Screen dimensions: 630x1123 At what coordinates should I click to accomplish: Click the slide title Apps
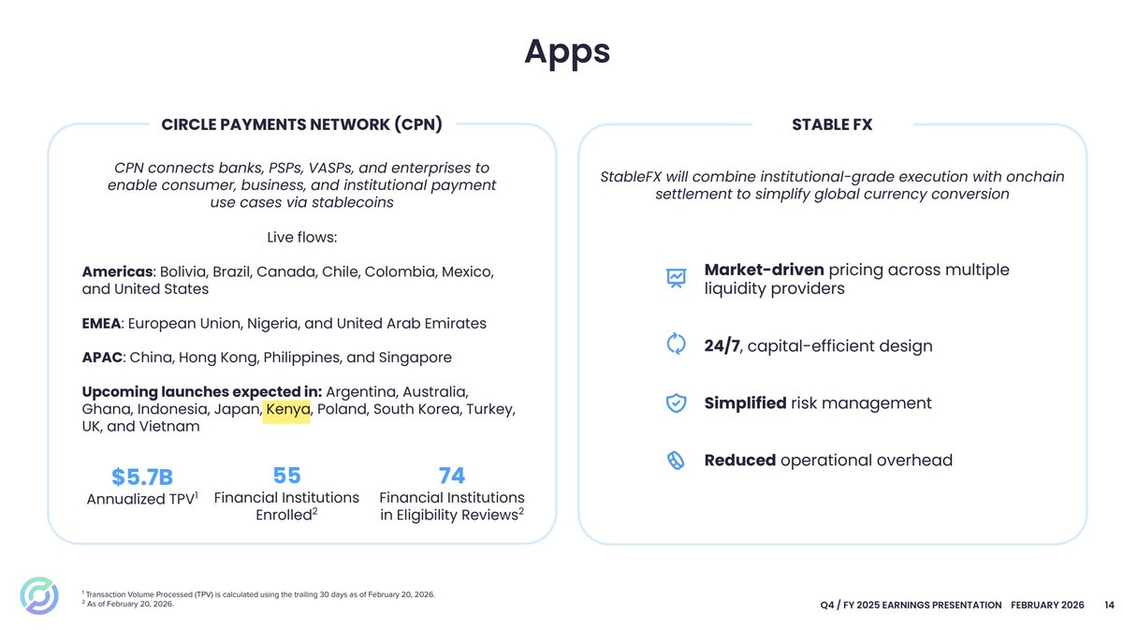[x=567, y=51]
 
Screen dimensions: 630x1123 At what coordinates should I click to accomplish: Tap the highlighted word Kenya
[x=287, y=409]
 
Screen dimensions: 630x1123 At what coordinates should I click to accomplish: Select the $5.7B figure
[x=142, y=477]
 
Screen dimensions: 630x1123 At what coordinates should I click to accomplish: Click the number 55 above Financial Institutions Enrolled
[x=286, y=475]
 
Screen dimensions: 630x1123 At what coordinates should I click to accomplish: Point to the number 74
[x=451, y=475]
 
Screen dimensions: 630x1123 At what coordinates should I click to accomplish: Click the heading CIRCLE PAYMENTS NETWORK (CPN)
[x=301, y=125]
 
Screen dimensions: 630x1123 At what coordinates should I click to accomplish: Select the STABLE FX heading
[x=832, y=125]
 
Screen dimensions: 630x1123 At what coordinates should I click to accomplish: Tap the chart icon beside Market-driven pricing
[x=676, y=277]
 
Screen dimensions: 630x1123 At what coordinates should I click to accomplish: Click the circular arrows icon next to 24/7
[x=676, y=344]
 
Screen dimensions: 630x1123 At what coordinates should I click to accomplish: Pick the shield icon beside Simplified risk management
[x=676, y=403]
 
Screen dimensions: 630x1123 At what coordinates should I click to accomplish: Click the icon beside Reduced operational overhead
[x=676, y=461]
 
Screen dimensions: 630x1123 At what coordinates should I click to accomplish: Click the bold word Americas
[x=117, y=271]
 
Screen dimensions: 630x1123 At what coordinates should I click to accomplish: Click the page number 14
[x=1108, y=605]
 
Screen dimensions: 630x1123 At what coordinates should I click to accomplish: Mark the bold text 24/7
[x=721, y=345]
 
